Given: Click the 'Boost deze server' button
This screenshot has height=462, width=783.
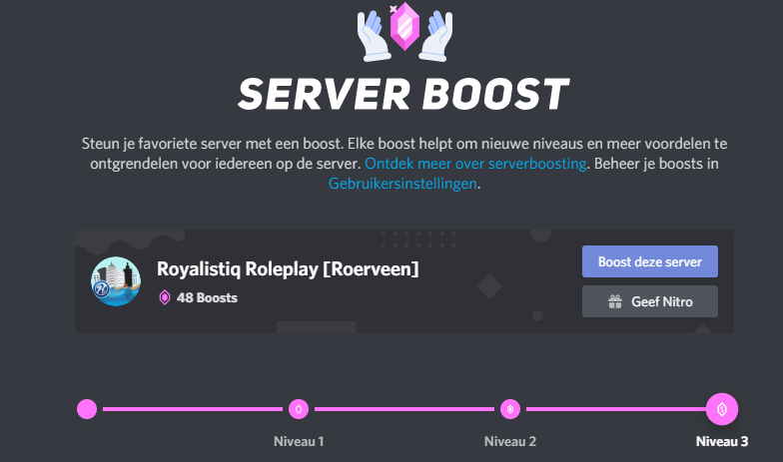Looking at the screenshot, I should click(649, 262).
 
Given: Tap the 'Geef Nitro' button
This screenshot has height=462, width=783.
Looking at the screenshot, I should click(649, 301).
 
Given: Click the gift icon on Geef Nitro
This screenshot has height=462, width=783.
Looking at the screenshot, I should click(615, 301).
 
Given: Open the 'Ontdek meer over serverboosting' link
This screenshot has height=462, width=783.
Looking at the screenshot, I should click(475, 164).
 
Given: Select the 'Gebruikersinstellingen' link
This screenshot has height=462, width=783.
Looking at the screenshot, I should click(403, 184).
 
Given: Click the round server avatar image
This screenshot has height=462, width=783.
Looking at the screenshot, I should click(116, 281).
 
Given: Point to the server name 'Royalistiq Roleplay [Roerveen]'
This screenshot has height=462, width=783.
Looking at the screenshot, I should click(288, 268).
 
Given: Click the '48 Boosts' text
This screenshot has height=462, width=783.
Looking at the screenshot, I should click(207, 297).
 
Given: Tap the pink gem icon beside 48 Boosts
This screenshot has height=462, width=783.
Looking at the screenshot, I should click(165, 297).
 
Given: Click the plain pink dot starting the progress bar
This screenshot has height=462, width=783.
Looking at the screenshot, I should click(87, 408).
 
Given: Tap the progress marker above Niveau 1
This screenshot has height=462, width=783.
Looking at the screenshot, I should click(298, 408).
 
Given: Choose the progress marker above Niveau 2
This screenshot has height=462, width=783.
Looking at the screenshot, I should click(510, 408).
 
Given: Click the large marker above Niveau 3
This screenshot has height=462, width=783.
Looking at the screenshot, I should click(722, 408).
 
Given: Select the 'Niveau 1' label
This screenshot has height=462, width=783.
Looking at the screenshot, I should click(299, 441).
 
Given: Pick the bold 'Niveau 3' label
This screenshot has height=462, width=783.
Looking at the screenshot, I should click(722, 441).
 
